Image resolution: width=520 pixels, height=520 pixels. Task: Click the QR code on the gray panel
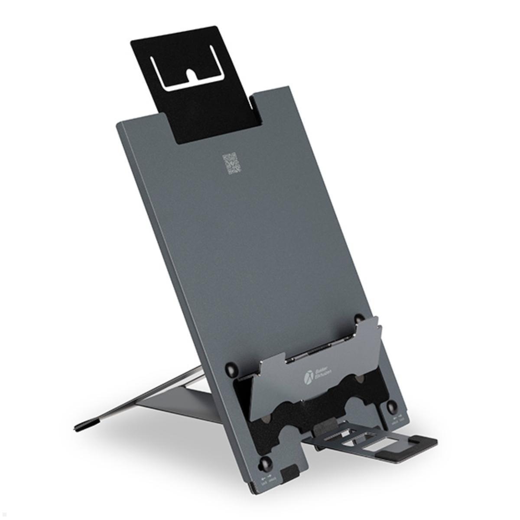tap(231, 164)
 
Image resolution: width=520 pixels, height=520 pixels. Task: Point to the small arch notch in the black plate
tap(191, 75)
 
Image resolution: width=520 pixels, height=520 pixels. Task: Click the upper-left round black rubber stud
tap(232, 370)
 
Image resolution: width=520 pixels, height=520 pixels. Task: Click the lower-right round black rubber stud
tap(392, 406)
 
